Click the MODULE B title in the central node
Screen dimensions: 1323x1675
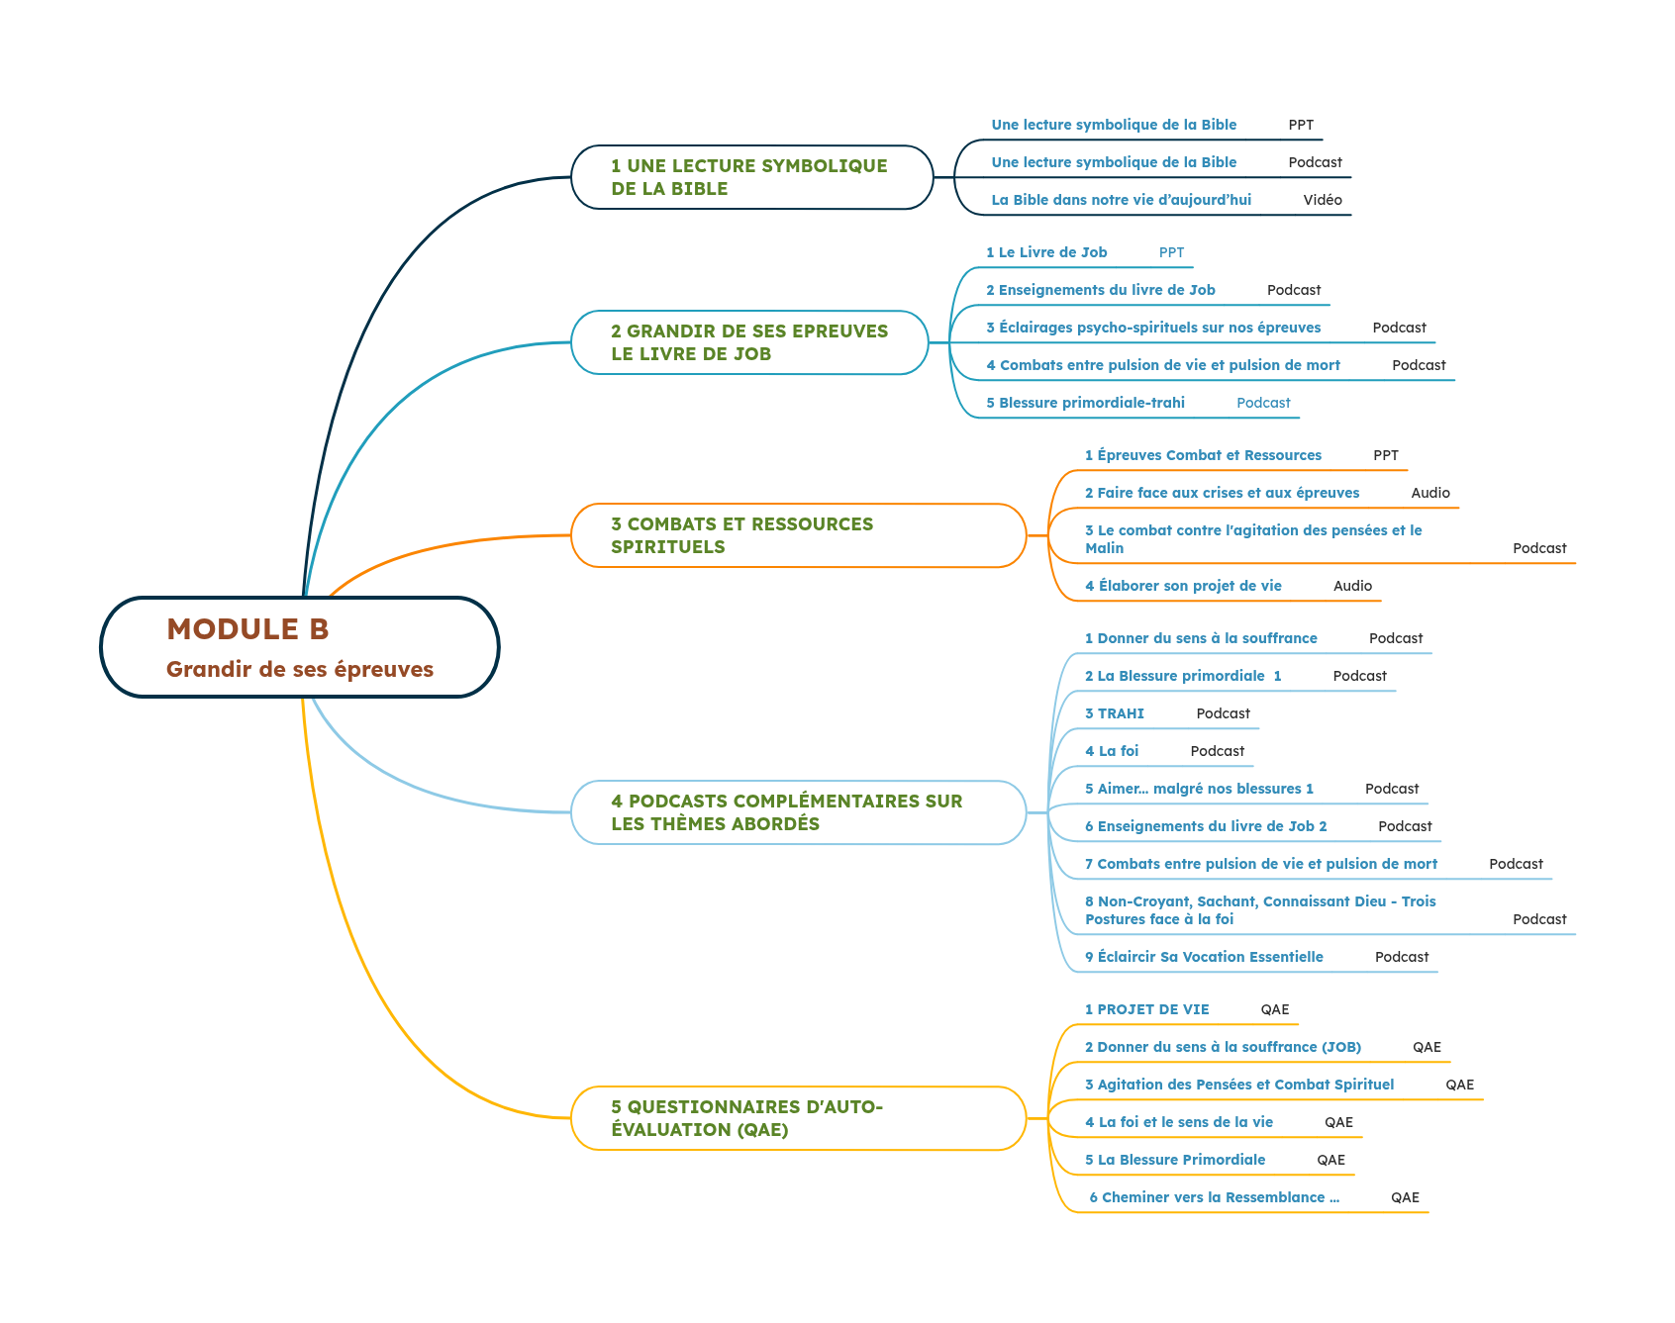tap(247, 629)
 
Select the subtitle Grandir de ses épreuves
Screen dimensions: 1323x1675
tap(299, 669)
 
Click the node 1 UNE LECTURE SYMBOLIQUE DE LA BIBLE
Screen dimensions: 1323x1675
tap(748, 177)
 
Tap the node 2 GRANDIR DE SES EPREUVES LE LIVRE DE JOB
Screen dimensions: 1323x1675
tap(748, 342)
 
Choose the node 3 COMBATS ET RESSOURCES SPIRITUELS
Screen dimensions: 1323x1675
tap(742, 535)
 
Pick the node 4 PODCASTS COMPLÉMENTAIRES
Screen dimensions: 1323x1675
tap(786, 812)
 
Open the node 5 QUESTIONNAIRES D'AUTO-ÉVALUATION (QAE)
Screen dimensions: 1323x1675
tap(746, 1118)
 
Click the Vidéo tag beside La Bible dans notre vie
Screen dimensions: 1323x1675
tap(1322, 200)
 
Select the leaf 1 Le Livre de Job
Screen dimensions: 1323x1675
tap(1046, 252)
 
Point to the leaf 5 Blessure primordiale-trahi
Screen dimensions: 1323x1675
tap(1085, 403)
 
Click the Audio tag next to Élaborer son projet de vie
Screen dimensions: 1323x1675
tap(1351, 586)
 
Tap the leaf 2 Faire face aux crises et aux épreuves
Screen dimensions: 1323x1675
tap(1222, 493)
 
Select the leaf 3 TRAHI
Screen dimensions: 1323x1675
tap(1115, 713)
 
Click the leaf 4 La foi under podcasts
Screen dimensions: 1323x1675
tap(1112, 751)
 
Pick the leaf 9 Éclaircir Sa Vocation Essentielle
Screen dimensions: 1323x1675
tap(1204, 957)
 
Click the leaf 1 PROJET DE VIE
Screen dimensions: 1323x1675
tap(1146, 1009)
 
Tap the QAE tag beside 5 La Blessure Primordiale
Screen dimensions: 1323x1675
tap(1330, 1160)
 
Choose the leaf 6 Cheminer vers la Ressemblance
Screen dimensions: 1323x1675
tap(1214, 1197)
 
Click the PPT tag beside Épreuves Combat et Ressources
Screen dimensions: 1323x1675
tap(1385, 455)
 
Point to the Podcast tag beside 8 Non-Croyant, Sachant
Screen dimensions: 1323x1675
tap(1538, 919)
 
